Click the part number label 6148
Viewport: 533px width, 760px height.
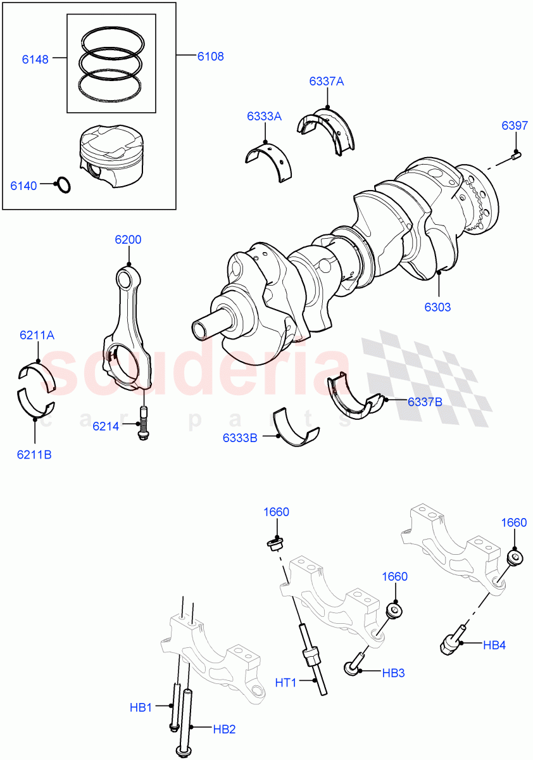click(x=34, y=60)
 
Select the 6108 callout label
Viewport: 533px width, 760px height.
click(x=210, y=56)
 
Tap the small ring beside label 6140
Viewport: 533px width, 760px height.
click(x=63, y=186)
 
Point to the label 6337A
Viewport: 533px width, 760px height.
click(x=327, y=81)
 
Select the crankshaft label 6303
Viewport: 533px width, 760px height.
click(x=437, y=307)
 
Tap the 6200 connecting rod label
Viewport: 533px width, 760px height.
click(x=128, y=239)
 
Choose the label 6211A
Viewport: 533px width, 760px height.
click(x=37, y=335)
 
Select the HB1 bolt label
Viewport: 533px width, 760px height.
click(x=141, y=706)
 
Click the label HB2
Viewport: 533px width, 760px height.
click(x=224, y=729)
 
